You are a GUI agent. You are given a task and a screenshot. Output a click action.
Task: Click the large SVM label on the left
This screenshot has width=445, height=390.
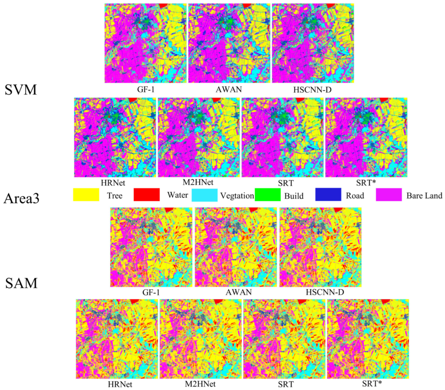point(21,90)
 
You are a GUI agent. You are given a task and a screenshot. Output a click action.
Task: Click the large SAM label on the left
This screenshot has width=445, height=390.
point(21,283)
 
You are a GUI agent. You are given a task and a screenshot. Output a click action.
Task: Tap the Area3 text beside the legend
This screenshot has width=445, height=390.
point(21,198)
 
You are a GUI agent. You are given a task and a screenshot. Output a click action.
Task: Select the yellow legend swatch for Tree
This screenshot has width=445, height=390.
point(86,195)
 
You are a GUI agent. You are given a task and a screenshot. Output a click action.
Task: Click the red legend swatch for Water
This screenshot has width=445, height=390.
point(147,194)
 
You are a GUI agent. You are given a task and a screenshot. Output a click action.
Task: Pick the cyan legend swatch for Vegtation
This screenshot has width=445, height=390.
point(204,195)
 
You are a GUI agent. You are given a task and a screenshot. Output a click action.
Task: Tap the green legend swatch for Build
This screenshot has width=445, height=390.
point(267,195)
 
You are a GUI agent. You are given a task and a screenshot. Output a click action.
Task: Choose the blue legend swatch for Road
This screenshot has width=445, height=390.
point(328,194)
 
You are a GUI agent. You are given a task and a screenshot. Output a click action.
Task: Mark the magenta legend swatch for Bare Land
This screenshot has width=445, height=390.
point(389,195)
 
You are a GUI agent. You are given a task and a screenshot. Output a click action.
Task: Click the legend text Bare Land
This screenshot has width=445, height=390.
point(424,196)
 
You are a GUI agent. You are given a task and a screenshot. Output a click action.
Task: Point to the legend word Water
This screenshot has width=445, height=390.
point(178,195)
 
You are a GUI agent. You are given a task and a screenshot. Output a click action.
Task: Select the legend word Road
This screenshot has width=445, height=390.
point(355,196)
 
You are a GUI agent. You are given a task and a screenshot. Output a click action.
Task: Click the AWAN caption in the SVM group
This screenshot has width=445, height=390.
point(229,90)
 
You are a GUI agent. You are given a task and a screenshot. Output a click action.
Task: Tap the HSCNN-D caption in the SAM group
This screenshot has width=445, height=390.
point(325,292)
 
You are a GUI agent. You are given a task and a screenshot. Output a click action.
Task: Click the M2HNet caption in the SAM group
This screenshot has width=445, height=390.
point(200,384)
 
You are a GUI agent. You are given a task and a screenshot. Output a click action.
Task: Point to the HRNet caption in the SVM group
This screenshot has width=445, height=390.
point(113,183)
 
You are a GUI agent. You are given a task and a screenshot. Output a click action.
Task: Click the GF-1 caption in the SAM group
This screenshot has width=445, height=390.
point(151,292)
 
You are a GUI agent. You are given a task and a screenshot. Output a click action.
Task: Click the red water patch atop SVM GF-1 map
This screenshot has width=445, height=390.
point(164,6)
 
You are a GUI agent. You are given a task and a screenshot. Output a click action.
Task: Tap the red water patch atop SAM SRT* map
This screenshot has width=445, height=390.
point(386,301)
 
